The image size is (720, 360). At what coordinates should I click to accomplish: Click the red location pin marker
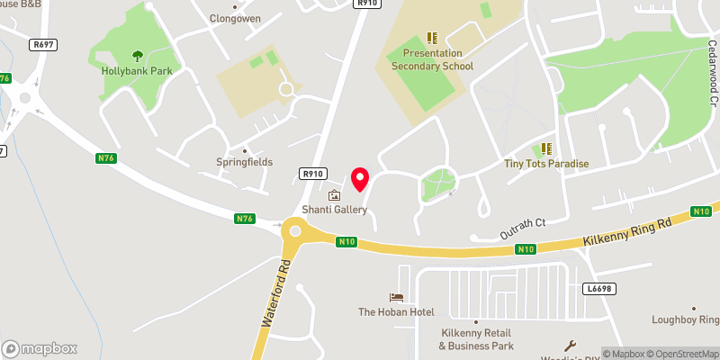[x=360, y=179]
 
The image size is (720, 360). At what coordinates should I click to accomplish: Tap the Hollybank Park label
[x=137, y=69]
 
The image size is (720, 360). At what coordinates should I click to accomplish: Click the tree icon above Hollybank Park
[x=137, y=55]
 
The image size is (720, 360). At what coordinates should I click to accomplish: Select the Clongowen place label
[x=234, y=17]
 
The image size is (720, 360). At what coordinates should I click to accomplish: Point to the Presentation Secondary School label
[x=433, y=59]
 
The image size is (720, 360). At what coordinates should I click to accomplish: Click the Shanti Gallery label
[x=335, y=210]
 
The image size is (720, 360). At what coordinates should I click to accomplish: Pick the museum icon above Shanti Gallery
[x=335, y=195]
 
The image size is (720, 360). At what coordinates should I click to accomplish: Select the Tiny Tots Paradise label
[x=546, y=164]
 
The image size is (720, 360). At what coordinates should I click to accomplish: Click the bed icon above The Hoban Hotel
[x=396, y=297]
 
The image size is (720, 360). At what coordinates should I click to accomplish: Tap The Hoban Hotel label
[x=396, y=312]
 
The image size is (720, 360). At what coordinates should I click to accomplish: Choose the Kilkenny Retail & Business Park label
[x=476, y=338]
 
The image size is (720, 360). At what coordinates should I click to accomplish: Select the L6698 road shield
[x=598, y=289]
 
